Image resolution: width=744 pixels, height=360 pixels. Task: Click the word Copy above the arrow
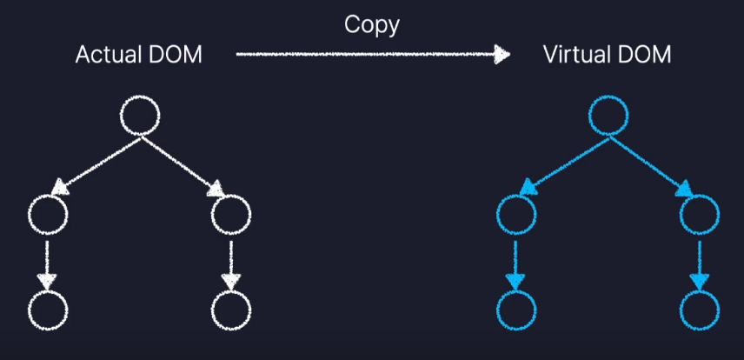coord(371,24)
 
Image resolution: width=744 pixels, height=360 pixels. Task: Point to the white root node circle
coord(139,116)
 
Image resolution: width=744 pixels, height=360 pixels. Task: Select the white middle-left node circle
coord(48,214)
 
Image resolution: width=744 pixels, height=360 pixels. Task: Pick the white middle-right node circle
coord(231,214)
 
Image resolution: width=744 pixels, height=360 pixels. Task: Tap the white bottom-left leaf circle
coord(48,309)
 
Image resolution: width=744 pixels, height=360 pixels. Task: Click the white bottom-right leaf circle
coord(231,309)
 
